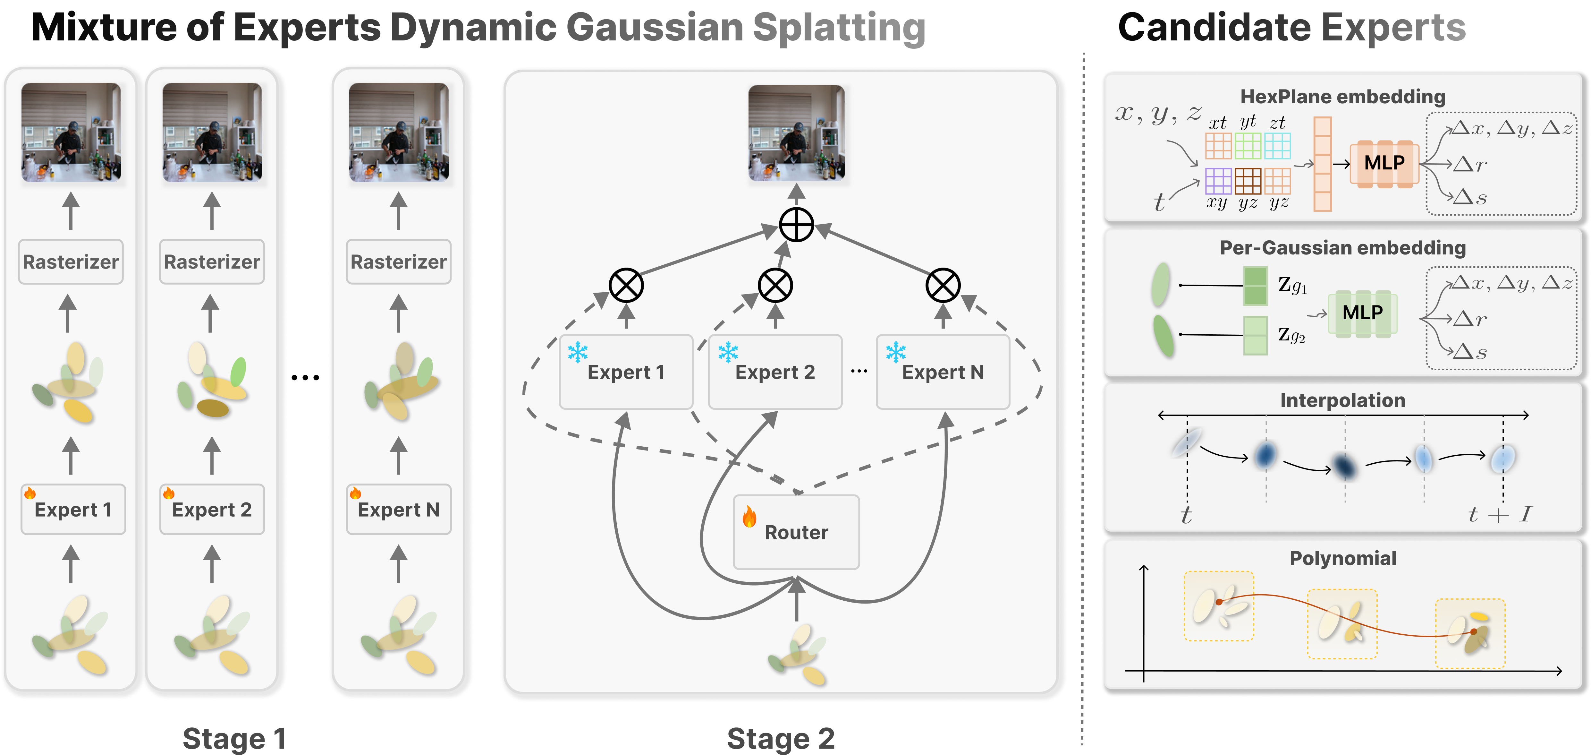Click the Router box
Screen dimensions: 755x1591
click(796, 532)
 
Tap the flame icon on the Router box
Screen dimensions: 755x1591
click(749, 517)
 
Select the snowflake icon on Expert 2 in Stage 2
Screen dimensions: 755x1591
click(728, 352)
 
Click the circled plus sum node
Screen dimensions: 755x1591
click(796, 225)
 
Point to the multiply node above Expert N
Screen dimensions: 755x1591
click(943, 286)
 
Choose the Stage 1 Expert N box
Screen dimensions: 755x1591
click(398, 510)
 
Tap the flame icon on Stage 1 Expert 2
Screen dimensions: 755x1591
click(169, 493)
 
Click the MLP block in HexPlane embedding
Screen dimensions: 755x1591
click(1384, 163)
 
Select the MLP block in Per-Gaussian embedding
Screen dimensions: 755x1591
click(1362, 313)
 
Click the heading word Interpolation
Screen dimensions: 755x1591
click(1343, 400)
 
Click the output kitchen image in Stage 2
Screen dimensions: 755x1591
click(796, 133)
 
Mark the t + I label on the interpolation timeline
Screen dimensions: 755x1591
click(1500, 514)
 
